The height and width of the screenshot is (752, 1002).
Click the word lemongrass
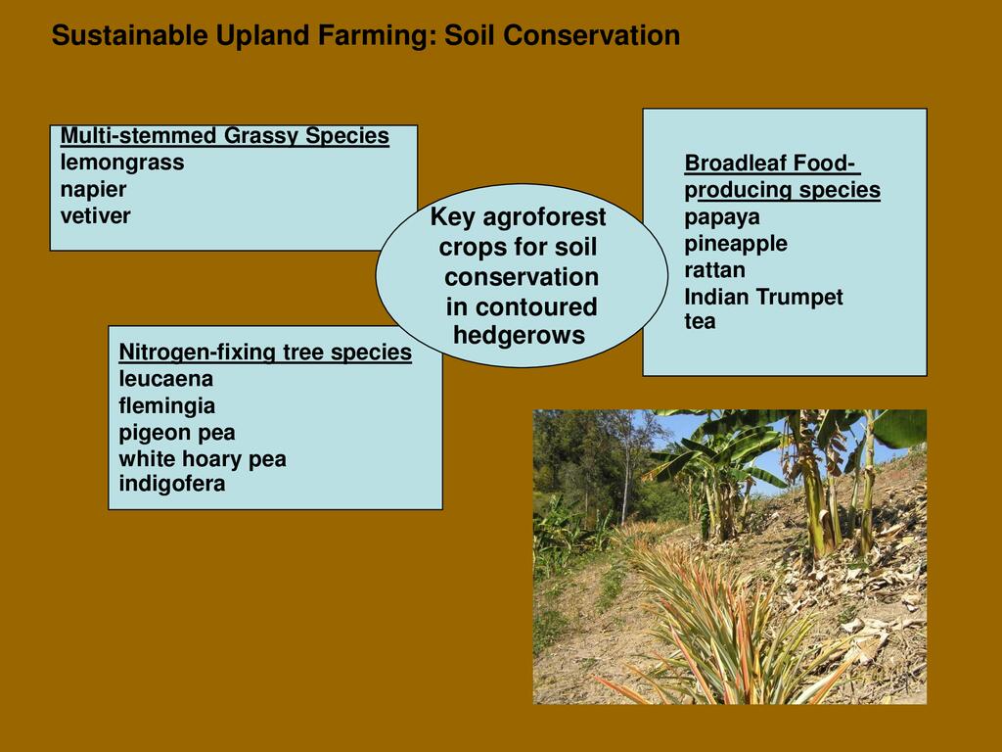[122, 164]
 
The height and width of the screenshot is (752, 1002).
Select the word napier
[93, 190]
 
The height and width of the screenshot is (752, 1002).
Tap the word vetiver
[95, 215]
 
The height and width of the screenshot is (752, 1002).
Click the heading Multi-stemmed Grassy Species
[225, 136]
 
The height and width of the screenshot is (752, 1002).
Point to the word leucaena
[165, 379]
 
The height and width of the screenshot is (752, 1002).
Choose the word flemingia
[166, 406]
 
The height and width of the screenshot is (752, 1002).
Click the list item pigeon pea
[177, 433]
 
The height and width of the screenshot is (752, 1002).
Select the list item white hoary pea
[203, 459]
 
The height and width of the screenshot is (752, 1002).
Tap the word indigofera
[172, 484]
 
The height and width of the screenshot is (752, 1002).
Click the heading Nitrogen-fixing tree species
[265, 352]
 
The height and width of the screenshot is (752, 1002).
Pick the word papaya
[722, 217]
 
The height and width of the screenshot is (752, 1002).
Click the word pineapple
[736, 244]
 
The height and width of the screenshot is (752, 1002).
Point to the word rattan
[714, 270]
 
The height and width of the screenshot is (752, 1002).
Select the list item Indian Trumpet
[763, 298]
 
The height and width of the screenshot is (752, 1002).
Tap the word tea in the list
[700, 321]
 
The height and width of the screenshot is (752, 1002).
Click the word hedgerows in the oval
[519, 335]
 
